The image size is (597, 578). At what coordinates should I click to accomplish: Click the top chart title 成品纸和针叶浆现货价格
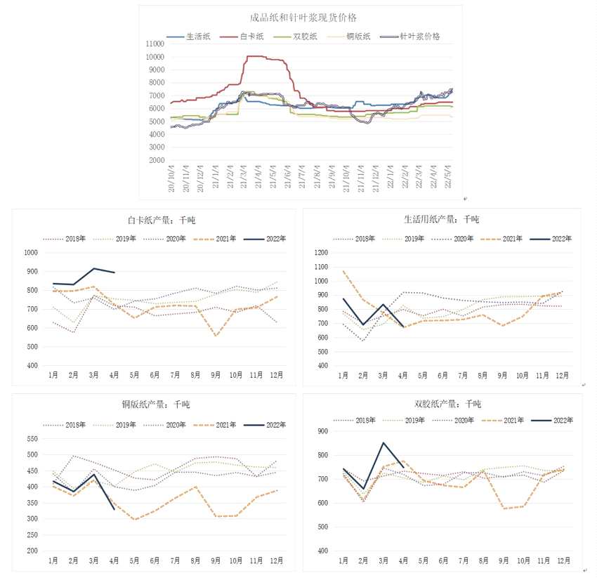pos(297,18)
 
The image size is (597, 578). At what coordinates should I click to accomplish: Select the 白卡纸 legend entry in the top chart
pos(245,36)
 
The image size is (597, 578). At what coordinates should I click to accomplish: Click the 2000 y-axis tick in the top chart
pos(157,160)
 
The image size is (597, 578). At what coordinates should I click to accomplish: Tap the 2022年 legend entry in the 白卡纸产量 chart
pos(276,239)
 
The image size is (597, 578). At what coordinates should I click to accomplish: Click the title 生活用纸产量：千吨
pos(442,220)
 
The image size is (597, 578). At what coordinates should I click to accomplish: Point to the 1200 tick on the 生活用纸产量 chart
pos(320,253)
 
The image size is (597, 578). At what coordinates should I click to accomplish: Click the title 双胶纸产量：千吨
pos(442,404)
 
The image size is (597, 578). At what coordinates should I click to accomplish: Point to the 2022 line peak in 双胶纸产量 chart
pos(383,442)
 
